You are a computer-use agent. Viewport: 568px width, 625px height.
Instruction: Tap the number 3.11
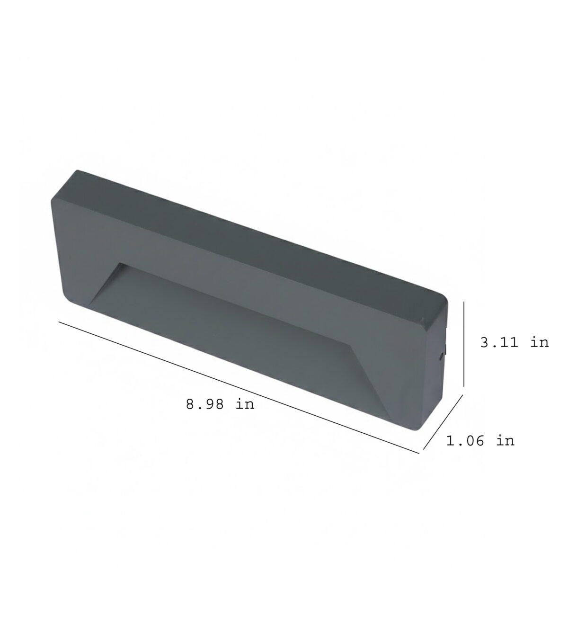point(499,343)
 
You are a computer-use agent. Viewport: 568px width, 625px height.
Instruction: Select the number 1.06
point(465,441)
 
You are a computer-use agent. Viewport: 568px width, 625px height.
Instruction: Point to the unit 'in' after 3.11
point(539,343)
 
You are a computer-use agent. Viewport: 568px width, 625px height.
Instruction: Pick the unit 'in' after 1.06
point(505,441)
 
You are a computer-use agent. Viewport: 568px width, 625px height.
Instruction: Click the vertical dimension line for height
point(464,344)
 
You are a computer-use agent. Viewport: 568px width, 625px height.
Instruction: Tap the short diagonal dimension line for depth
point(443,422)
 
